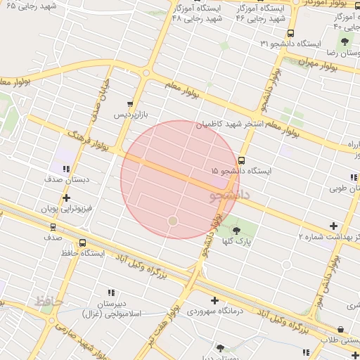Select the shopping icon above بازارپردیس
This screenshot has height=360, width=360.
(x=129, y=103)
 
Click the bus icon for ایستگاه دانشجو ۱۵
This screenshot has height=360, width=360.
(x=243, y=160)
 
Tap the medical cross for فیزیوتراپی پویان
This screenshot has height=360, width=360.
(x=66, y=198)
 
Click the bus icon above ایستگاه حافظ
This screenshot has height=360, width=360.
(x=82, y=243)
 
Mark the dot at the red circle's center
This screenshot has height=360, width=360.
(x=173, y=221)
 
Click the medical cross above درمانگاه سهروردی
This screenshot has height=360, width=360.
(x=215, y=300)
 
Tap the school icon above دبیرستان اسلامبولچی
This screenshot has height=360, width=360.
(x=110, y=292)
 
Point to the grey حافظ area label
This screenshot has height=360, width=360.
(x=47, y=300)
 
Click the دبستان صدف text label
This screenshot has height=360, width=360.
(x=64, y=180)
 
